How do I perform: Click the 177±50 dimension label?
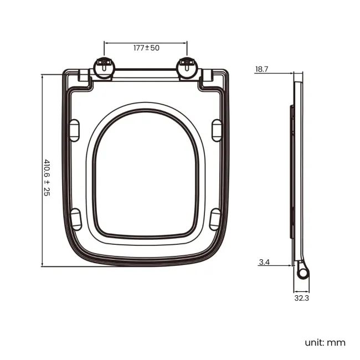click(146, 48)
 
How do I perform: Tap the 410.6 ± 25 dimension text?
click(47, 178)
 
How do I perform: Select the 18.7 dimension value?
click(262, 69)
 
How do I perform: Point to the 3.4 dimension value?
click(264, 263)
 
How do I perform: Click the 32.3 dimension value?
click(302, 299)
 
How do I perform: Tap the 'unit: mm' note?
click(325, 342)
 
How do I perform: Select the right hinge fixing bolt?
click(187, 67)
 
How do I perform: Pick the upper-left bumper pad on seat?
click(75, 128)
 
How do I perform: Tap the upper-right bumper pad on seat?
click(217, 128)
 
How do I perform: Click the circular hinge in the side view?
click(302, 273)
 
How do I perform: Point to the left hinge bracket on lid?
click(84, 77)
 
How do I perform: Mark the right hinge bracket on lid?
click(207, 77)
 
